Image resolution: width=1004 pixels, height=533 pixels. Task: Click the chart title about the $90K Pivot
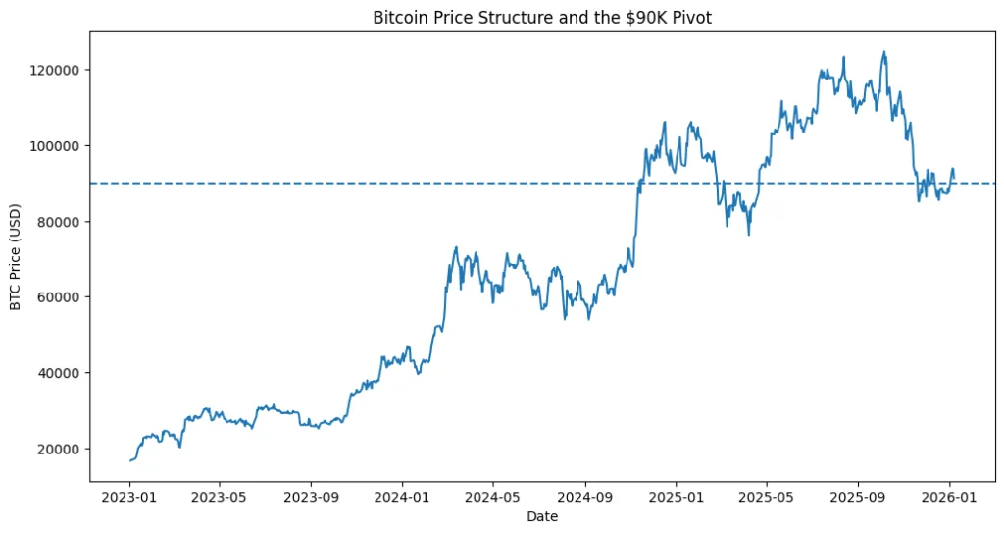point(549,18)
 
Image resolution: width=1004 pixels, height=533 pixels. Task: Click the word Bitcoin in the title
point(399,18)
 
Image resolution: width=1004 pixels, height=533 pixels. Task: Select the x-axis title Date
point(542,516)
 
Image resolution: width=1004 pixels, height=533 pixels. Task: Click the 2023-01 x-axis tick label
point(130,497)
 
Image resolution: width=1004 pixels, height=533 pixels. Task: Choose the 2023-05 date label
point(219,497)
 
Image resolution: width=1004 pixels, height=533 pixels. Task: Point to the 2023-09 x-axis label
point(311,497)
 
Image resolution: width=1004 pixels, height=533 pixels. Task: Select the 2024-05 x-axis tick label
point(492,497)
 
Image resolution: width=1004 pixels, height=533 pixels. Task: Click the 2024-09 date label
point(584,497)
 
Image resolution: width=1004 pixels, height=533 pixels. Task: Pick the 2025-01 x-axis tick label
point(677,497)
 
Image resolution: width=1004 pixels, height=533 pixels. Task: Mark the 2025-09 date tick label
point(859,497)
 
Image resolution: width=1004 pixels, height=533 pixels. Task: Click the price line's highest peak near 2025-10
point(884,52)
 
